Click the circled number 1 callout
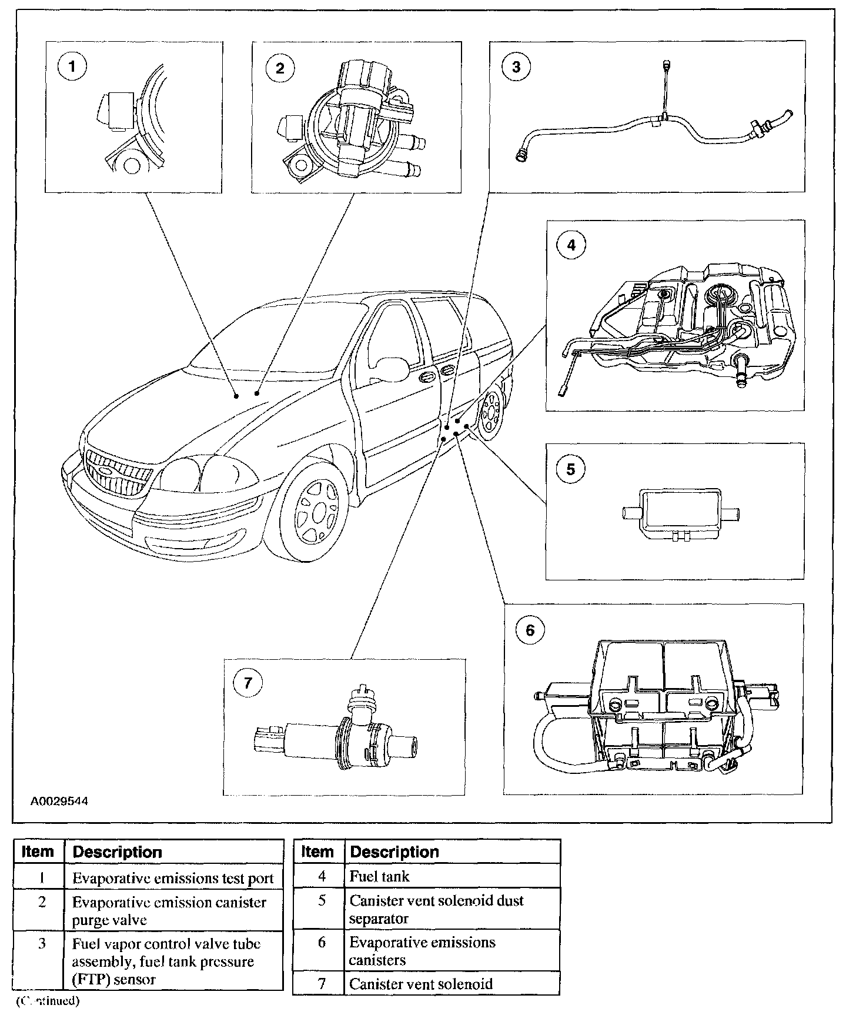pos(72,66)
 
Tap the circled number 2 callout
pos(280,68)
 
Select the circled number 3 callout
pos(516,66)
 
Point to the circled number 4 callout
pos(571,245)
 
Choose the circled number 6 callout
pos(530,630)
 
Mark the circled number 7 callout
pos(248,683)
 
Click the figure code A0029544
pos(59,801)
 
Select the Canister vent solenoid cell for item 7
pos(420,984)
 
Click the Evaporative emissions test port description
pos(173,878)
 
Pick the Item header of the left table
pos(38,852)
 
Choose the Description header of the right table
pos(394,852)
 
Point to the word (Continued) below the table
pos(47,1000)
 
